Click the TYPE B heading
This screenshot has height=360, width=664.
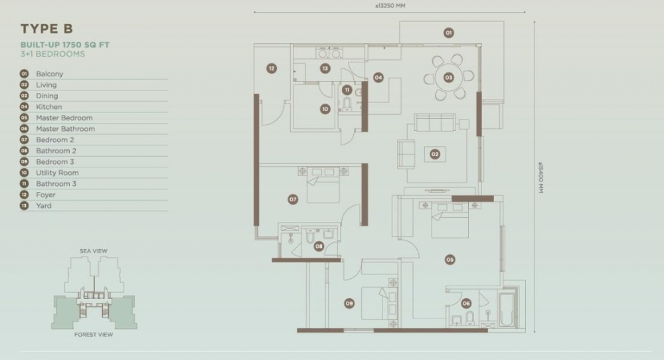pyautogui.click(x=46, y=29)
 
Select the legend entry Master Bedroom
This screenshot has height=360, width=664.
pyautogui.click(x=64, y=118)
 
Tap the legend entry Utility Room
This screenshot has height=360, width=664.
pyautogui.click(x=57, y=173)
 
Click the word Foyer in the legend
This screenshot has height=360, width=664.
pyautogui.click(x=46, y=195)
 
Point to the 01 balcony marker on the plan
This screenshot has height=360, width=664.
pyautogui.click(x=448, y=33)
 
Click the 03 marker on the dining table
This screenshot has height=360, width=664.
pyautogui.click(x=448, y=78)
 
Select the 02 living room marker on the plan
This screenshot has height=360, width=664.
pyautogui.click(x=435, y=154)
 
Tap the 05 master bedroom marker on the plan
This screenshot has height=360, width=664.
pyautogui.click(x=450, y=260)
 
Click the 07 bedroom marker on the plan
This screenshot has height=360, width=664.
pyautogui.click(x=293, y=199)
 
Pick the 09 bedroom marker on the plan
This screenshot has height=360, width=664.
pyautogui.click(x=349, y=304)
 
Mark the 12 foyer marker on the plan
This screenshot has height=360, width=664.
pyautogui.click(x=272, y=68)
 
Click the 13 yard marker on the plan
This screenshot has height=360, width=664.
pyautogui.click(x=325, y=68)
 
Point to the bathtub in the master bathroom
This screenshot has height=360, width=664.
pyautogui.click(x=507, y=309)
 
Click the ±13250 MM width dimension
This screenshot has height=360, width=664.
pyautogui.click(x=390, y=6)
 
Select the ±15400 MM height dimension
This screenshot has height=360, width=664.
pyautogui.click(x=540, y=178)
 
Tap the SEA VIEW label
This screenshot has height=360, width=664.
pyautogui.click(x=94, y=250)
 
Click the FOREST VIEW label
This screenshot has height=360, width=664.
pyautogui.click(x=94, y=335)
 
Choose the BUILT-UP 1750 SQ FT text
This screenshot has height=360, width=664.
pyautogui.click(x=65, y=45)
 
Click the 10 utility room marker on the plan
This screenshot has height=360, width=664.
pyautogui.click(x=325, y=109)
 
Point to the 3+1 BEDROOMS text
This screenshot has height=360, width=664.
pyautogui.click(x=53, y=54)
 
